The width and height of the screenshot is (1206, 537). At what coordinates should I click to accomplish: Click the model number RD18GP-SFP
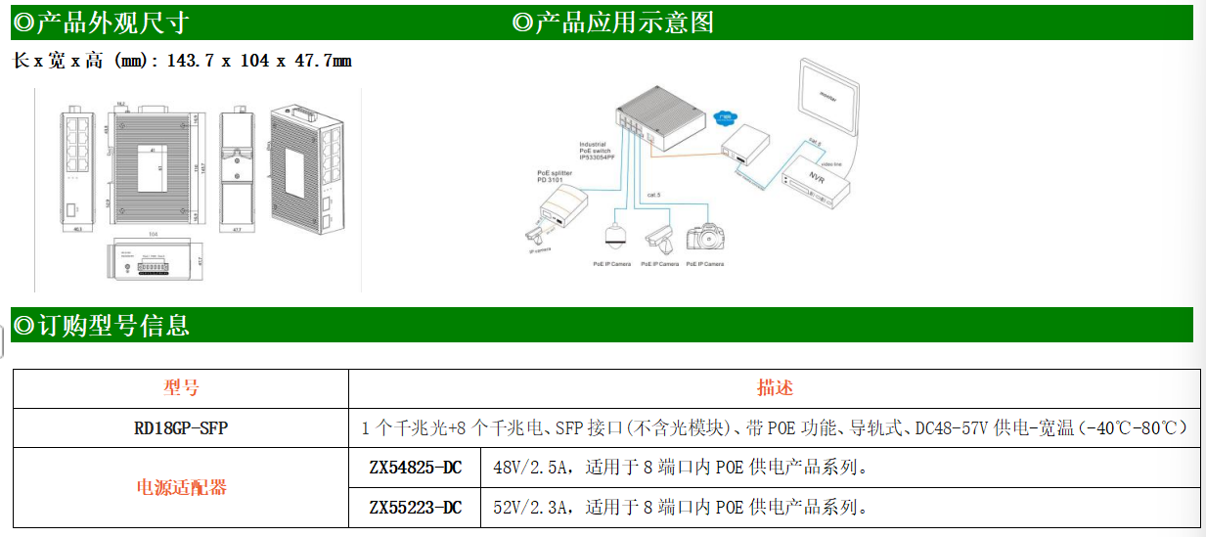181,428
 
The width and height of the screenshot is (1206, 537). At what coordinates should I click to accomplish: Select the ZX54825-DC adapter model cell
415,468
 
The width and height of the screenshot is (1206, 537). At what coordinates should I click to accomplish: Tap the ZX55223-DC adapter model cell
415,508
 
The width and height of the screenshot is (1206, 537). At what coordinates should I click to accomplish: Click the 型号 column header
181,388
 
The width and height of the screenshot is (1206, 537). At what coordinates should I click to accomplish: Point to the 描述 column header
775,388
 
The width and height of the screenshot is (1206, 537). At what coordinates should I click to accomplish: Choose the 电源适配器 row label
181,487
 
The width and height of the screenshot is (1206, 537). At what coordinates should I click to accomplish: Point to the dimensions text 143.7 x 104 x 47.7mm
258,61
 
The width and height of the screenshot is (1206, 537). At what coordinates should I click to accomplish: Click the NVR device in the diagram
813,184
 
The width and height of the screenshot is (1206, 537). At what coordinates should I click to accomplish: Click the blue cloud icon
725,115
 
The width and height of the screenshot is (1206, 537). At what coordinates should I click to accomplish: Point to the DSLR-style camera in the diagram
704,238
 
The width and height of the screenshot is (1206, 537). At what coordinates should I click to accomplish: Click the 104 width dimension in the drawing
153,235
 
